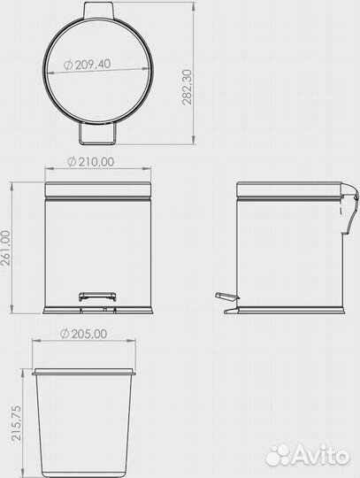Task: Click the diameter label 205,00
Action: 88,334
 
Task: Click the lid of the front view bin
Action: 99,189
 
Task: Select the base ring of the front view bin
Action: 99,310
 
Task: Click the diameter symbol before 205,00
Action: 65,334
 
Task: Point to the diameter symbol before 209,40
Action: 69,65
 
